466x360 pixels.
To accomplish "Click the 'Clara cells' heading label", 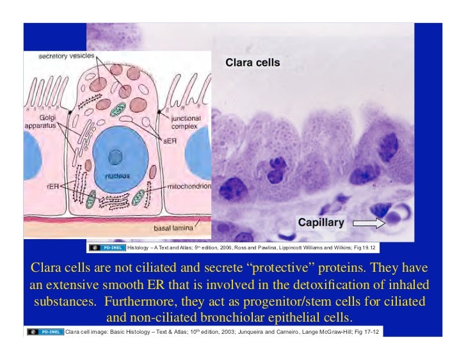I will [252, 63].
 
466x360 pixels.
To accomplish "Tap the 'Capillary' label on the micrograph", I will [321, 223].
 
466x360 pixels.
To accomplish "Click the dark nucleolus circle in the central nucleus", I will [115, 156].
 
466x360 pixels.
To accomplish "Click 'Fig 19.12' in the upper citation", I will [368, 247].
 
